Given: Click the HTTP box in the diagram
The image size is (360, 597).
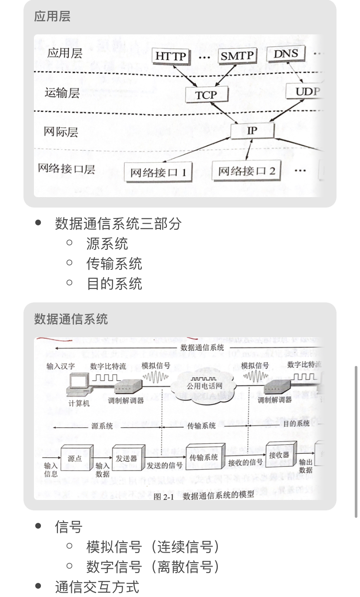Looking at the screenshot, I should pyautogui.click(x=171, y=56).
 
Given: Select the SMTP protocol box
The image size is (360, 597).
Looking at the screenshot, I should pyautogui.click(x=237, y=56).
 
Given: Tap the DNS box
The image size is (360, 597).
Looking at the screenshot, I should pyautogui.click(x=286, y=54).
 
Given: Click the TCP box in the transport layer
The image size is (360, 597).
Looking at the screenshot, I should pyautogui.click(x=206, y=94).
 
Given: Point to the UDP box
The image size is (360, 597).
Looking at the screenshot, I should pyautogui.click(x=306, y=91).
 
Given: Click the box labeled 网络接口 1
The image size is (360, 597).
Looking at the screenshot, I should pyautogui.click(x=158, y=172).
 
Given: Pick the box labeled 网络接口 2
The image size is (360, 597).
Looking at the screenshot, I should pyautogui.click(x=247, y=171).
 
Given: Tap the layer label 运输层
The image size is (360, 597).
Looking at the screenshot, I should pyautogui.click(x=62, y=93).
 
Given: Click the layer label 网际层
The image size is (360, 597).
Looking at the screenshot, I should pyautogui.click(x=61, y=132).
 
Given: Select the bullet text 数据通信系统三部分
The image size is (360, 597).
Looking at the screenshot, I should pyautogui.click(x=118, y=224).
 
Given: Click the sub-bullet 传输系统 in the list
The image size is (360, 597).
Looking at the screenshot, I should pyautogui.click(x=114, y=264).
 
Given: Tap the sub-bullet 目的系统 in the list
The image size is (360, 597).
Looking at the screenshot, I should pyautogui.click(x=114, y=284).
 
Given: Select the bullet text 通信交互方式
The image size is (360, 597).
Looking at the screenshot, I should pyautogui.click(x=97, y=587).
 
